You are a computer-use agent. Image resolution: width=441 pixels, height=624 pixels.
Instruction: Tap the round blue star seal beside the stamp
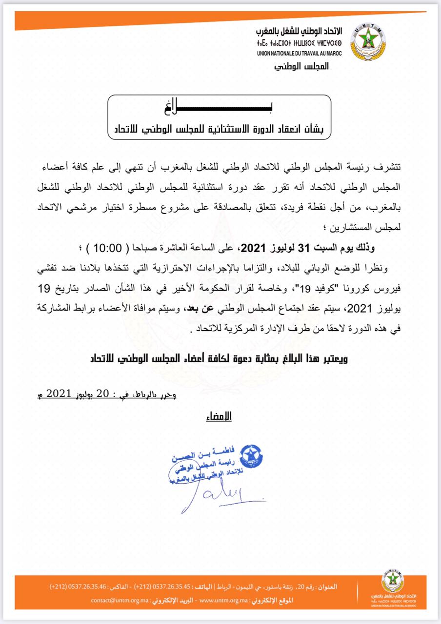pyautogui.click(x=252, y=456)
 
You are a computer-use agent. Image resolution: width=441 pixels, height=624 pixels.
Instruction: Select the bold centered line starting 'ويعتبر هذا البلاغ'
pyautogui.click(x=220, y=359)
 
